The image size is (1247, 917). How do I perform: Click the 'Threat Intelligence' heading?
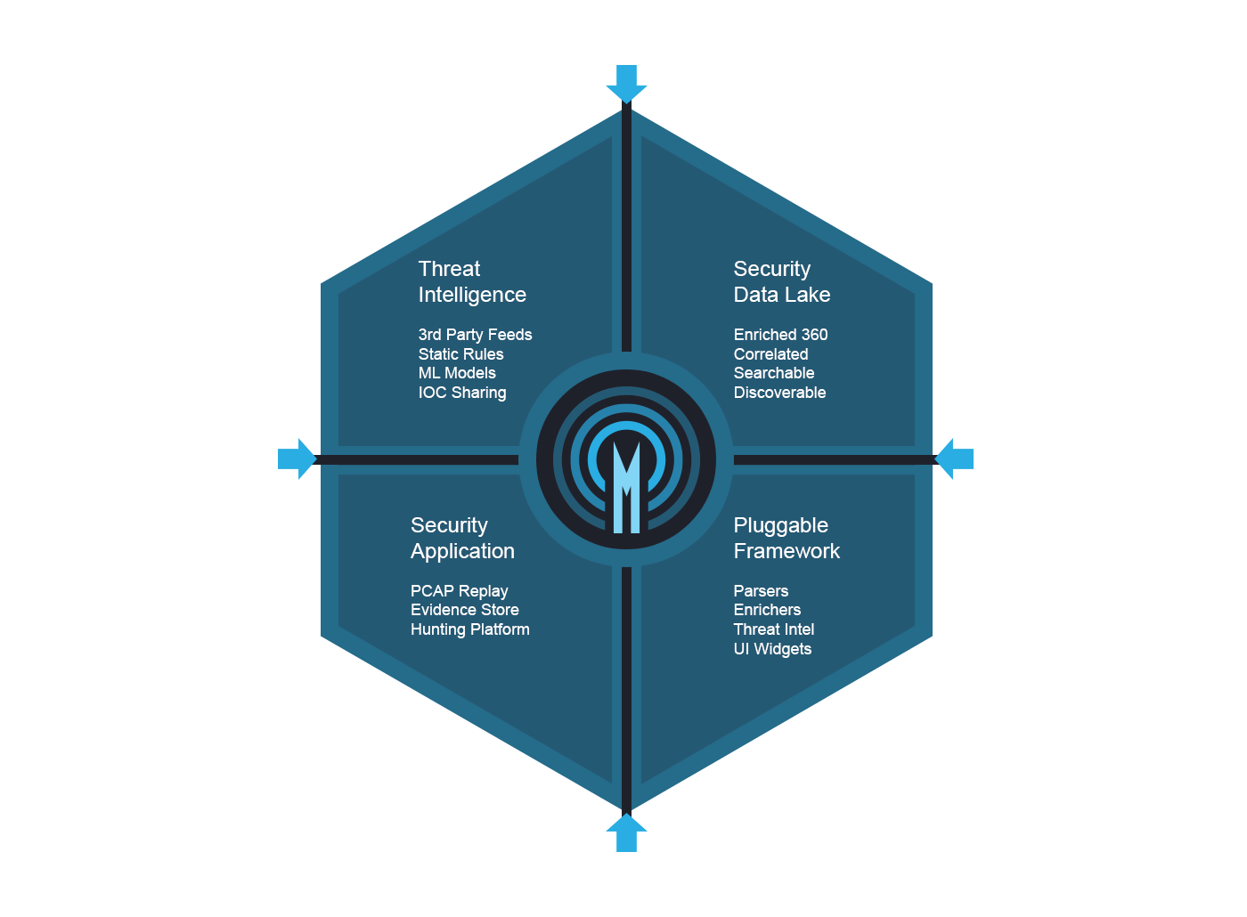[472, 281]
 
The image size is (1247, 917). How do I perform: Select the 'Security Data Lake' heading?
[781, 281]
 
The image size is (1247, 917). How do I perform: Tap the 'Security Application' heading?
[462, 538]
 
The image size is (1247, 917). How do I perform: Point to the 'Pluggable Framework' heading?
[786, 538]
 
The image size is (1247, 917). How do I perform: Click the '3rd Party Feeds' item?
[475, 335]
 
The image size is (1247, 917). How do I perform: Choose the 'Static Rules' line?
[460, 354]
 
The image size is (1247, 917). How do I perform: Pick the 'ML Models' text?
[457, 373]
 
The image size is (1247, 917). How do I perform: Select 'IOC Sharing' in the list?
[462, 393]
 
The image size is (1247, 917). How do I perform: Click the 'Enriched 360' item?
[780, 335]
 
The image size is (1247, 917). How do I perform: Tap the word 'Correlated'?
[770, 354]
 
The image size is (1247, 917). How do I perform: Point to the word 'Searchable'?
[773, 373]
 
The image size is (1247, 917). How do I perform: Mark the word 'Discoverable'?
[779, 393]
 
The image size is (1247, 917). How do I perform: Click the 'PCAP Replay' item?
[459, 591]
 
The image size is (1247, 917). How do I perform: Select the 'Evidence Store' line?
[464, 610]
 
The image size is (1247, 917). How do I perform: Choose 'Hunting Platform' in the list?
[469, 629]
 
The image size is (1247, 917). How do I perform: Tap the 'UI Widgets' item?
[772, 649]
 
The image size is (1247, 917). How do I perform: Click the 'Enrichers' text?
[767, 610]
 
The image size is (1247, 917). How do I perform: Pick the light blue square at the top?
[626, 83]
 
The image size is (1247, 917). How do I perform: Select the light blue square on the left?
[297, 458]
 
